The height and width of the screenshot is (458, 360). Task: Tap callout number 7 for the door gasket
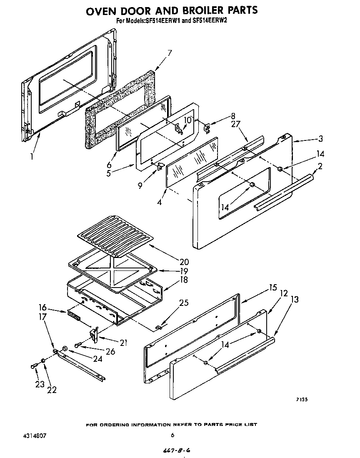pyautogui.click(x=170, y=53)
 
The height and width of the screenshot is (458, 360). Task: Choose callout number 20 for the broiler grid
pyautogui.click(x=184, y=262)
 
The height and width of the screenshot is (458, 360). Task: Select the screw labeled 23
pyautogui.click(x=33, y=366)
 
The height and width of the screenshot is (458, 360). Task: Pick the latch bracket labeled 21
pyautogui.click(x=94, y=333)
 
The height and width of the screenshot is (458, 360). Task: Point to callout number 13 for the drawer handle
pyautogui.click(x=295, y=299)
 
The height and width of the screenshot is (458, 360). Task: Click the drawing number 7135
pyautogui.click(x=302, y=400)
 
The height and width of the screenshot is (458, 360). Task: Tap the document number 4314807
pyautogui.click(x=35, y=435)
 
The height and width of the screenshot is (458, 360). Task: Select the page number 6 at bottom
pyautogui.click(x=172, y=435)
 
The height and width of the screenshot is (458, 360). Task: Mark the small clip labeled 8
pyautogui.click(x=207, y=126)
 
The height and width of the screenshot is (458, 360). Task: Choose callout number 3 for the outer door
pyautogui.click(x=320, y=139)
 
